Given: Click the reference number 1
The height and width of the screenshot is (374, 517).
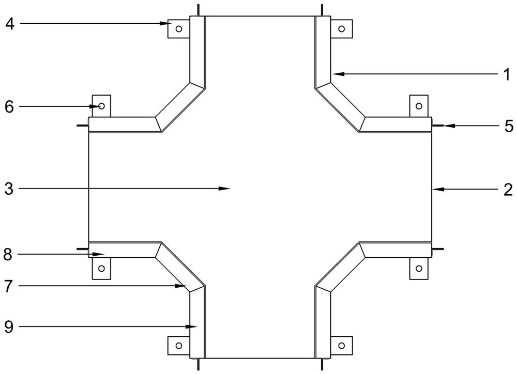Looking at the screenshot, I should pyautogui.click(x=507, y=75).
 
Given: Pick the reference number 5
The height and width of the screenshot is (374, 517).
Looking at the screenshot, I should pyautogui.click(x=508, y=126).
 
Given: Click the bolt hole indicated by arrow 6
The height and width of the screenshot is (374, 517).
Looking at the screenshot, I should pyautogui.click(x=101, y=106).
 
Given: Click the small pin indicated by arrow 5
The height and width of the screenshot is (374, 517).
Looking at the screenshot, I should pyautogui.click(x=437, y=126).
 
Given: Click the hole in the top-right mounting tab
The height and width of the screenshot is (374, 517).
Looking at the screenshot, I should pyautogui.click(x=341, y=29).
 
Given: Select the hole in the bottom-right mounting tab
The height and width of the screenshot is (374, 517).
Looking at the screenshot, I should pyautogui.click(x=341, y=346).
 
